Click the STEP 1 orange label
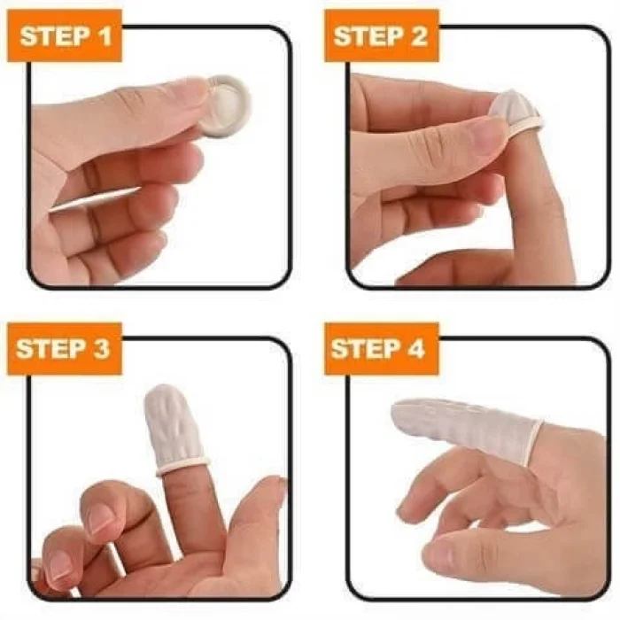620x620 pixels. (x=65, y=36)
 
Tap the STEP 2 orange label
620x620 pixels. (x=382, y=36)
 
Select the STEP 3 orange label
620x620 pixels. (x=65, y=349)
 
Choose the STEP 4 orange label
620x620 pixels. (x=382, y=349)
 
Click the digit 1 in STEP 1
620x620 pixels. (x=105, y=36)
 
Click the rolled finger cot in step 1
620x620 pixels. (x=229, y=107)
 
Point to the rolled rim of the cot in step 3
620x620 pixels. (x=182, y=467)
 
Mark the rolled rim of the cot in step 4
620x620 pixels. (x=535, y=441)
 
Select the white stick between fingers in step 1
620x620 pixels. (x=95, y=200)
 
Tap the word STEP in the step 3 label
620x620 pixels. (x=51, y=349)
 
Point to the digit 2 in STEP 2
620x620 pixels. (x=419, y=36)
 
